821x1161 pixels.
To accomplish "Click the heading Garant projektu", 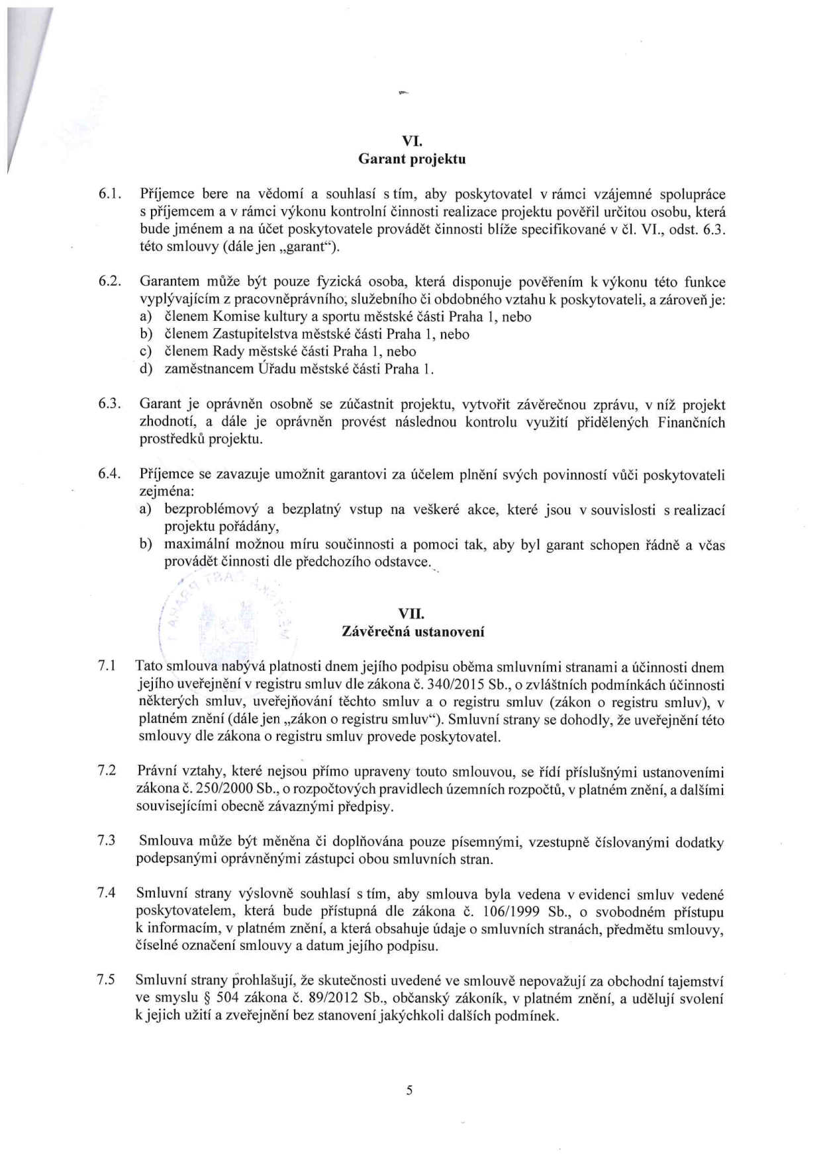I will [412, 159].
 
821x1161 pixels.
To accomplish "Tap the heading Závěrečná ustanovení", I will [412, 632].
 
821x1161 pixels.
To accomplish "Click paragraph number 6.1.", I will [108, 194].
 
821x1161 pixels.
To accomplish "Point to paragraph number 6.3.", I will [108, 404].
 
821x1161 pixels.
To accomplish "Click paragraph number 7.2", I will [107, 771].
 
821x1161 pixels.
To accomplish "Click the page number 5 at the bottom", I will [409, 1090].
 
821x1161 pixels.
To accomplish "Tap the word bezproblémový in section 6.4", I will [210, 509].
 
